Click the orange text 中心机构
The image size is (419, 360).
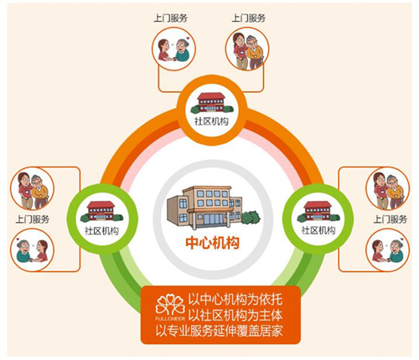pyautogui.click(x=213, y=243)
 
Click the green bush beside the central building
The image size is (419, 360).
pyautogui.click(x=251, y=218)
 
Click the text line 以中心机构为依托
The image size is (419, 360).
pyautogui.click(x=235, y=300)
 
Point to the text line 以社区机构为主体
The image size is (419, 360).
pyautogui.click(x=235, y=316)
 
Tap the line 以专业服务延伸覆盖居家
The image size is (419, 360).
pyautogui.click(x=220, y=331)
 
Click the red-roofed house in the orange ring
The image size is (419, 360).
pyautogui.click(x=211, y=103)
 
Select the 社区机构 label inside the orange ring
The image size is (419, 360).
pyautogui.click(x=211, y=121)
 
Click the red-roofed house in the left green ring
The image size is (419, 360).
pyautogui.click(x=101, y=211)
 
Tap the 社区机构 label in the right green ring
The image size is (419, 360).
pyautogui.click(x=318, y=230)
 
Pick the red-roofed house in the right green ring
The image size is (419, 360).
pyautogui.click(x=318, y=211)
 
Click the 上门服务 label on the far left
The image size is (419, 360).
pyautogui.click(x=33, y=219)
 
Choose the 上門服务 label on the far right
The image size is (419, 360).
pyautogui.click(x=391, y=219)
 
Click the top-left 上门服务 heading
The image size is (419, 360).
pyautogui.click(x=170, y=18)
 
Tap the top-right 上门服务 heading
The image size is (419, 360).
pyautogui.click(x=249, y=18)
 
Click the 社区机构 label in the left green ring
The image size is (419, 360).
pyautogui.click(x=101, y=231)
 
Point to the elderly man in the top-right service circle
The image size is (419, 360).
pyautogui.click(x=255, y=52)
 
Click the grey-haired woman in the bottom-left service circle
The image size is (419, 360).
pyautogui.click(x=23, y=250)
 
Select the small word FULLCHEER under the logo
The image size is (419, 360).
pyautogui.click(x=170, y=318)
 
